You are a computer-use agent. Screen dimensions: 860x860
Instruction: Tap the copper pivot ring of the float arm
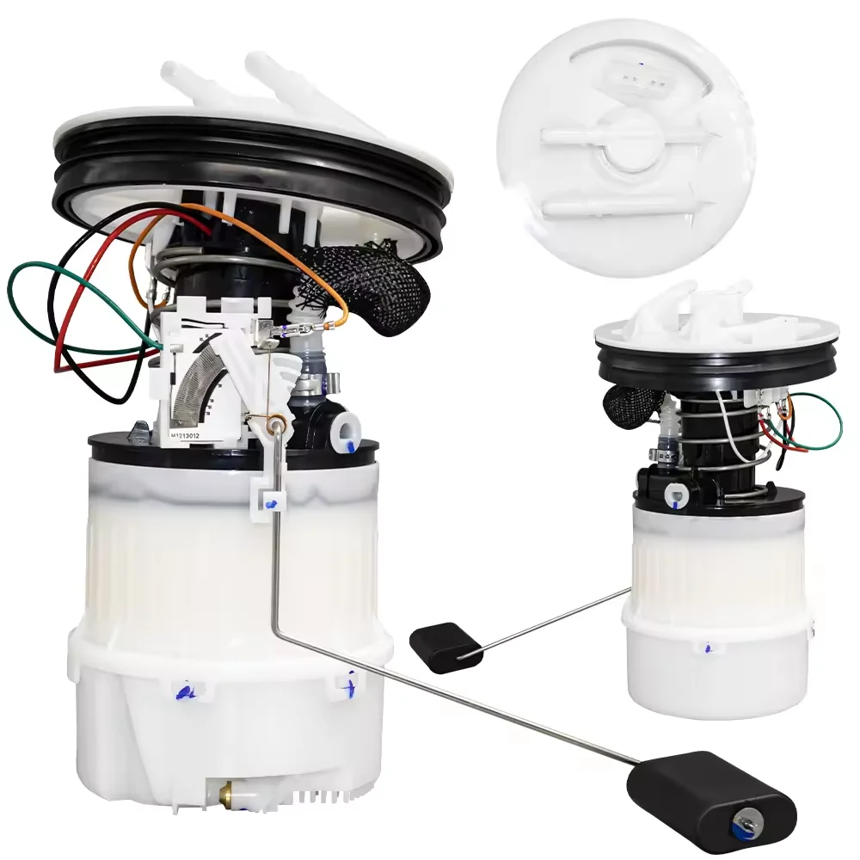[277, 421]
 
